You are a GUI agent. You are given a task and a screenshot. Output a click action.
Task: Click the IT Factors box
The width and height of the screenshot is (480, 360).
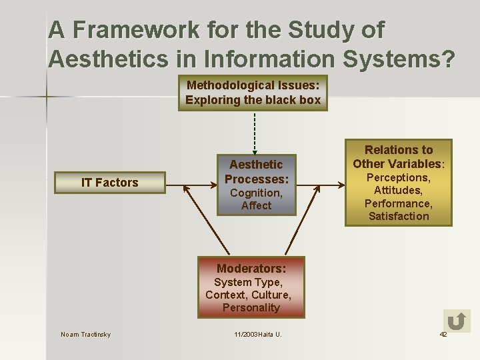(x=110, y=183)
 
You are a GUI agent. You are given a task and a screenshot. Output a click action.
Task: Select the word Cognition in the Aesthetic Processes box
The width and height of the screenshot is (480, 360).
(x=256, y=193)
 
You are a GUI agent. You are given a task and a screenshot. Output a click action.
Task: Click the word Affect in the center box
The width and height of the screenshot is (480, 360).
(x=256, y=205)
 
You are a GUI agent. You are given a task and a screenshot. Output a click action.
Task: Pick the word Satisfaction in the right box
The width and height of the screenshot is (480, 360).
(x=399, y=216)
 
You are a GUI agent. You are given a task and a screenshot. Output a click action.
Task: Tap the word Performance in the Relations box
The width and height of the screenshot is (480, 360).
(x=398, y=203)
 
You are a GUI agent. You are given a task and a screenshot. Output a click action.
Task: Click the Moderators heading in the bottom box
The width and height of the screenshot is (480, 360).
(x=251, y=269)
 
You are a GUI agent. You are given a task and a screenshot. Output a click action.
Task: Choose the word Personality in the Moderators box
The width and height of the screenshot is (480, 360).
(x=251, y=307)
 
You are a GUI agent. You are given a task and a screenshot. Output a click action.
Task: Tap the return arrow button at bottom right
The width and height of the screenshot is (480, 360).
(x=457, y=321)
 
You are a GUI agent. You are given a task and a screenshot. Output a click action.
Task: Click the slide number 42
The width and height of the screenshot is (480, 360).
(x=443, y=334)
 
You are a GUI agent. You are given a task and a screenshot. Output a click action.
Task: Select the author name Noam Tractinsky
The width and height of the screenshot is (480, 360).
(x=86, y=334)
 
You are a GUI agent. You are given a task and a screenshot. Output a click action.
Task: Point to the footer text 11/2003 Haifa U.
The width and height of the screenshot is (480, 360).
(x=254, y=334)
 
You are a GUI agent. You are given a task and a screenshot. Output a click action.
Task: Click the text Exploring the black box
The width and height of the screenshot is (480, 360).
(x=253, y=100)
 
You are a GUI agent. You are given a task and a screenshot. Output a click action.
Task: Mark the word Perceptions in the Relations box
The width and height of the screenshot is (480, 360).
(x=399, y=177)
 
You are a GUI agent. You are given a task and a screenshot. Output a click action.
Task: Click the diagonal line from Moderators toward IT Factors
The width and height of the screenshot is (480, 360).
(x=207, y=220)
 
